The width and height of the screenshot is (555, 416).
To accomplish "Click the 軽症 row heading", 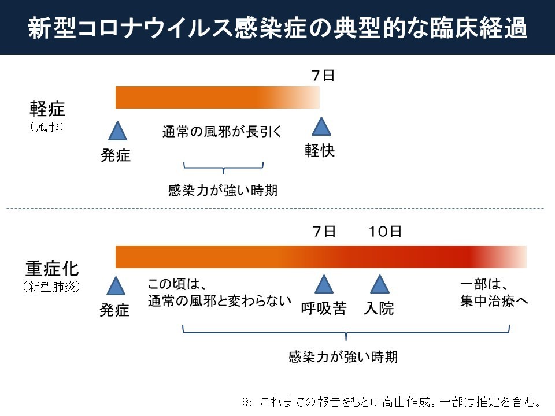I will pos(48,109).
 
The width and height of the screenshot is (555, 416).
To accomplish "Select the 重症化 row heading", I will pos(52,269).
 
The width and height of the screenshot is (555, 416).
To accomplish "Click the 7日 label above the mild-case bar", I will pos(323,75).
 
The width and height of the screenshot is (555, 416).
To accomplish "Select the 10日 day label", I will pos(385,232).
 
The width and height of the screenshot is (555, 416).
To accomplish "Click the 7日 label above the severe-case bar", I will pos(323,232).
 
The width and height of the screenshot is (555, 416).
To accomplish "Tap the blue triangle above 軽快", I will pos(321,128).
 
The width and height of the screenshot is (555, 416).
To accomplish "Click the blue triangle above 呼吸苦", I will pos(324,284).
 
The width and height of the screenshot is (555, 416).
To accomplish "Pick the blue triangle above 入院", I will pos(379,284).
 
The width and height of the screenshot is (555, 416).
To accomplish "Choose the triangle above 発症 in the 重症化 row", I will pos(116,287).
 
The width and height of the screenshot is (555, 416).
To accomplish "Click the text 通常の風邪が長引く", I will pos(222,132).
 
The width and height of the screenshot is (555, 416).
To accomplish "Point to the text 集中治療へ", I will pos(494,302).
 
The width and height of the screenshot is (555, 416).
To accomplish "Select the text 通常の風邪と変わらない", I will pos(219,302).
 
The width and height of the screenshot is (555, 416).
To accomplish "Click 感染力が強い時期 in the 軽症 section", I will pos(223,191).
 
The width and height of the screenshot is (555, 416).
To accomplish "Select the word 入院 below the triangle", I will pos(379,309).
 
